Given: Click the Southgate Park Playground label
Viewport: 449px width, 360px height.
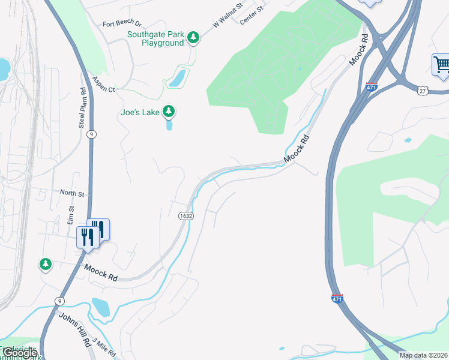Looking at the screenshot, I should point(155,38).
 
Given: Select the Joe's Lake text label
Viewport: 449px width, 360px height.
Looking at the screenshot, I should point(140,111).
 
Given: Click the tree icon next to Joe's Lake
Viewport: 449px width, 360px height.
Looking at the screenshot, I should point(169,111).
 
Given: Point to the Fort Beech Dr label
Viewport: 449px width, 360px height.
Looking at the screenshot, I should point(122,24).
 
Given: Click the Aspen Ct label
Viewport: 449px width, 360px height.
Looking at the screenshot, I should point(103,84).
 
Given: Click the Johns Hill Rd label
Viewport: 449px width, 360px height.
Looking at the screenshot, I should point(74,328).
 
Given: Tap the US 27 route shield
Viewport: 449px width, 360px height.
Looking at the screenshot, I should point(423,89).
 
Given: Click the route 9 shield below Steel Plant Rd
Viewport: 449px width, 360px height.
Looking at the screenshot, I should point(91,134).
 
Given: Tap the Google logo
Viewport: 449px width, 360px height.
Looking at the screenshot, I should point(19,353).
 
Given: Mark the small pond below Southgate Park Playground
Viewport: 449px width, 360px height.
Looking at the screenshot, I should point(178,78).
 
